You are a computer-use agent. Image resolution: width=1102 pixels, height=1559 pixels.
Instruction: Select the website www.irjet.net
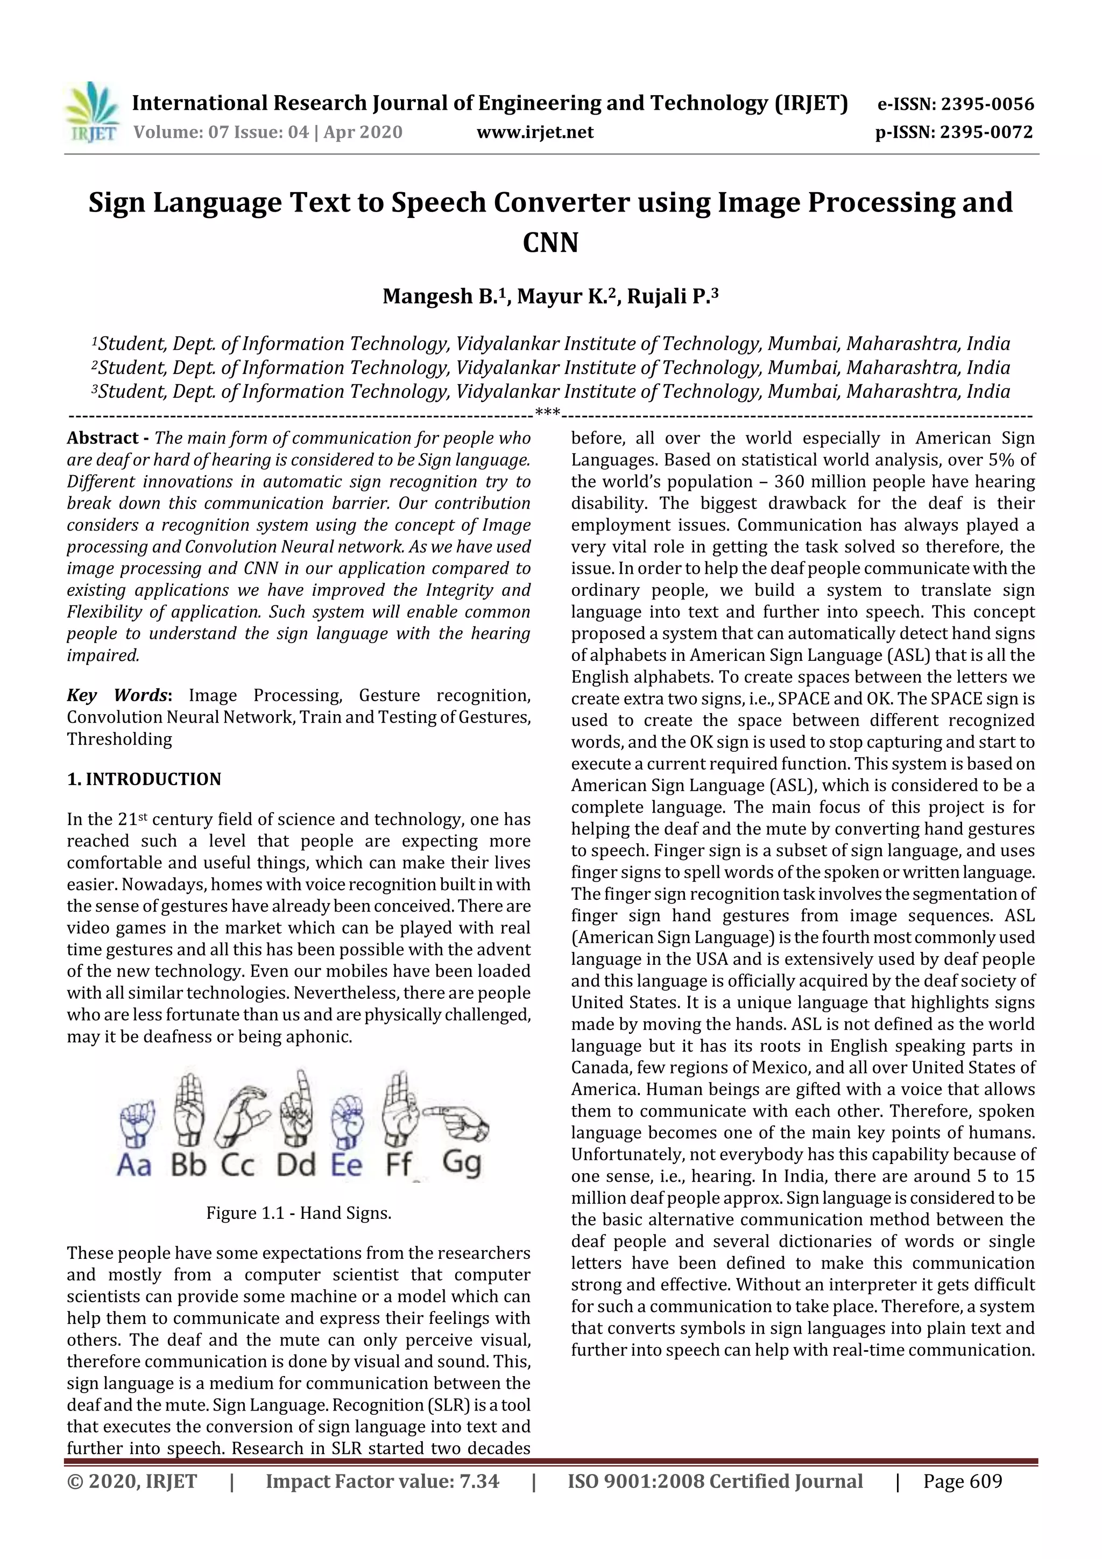[x=535, y=132]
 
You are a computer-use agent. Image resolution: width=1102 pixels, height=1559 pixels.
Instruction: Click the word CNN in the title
[x=550, y=242]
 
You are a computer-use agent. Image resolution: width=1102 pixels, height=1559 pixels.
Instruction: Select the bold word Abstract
[x=103, y=438]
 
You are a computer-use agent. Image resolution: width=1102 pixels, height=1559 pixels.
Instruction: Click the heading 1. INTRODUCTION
[x=144, y=779]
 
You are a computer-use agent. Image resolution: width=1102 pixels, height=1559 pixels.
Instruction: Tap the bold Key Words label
[x=117, y=695]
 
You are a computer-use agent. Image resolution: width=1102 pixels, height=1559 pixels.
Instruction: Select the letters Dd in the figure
[x=296, y=1165]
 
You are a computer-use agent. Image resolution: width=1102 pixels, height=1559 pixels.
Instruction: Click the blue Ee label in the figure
[x=347, y=1165]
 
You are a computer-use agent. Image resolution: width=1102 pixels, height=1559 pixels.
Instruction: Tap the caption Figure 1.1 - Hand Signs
[x=299, y=1214]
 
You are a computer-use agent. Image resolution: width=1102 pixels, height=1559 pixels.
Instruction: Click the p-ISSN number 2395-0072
[x=985, y=132]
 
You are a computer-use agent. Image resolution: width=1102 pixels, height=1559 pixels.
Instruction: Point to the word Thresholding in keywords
[x=119, y=739]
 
